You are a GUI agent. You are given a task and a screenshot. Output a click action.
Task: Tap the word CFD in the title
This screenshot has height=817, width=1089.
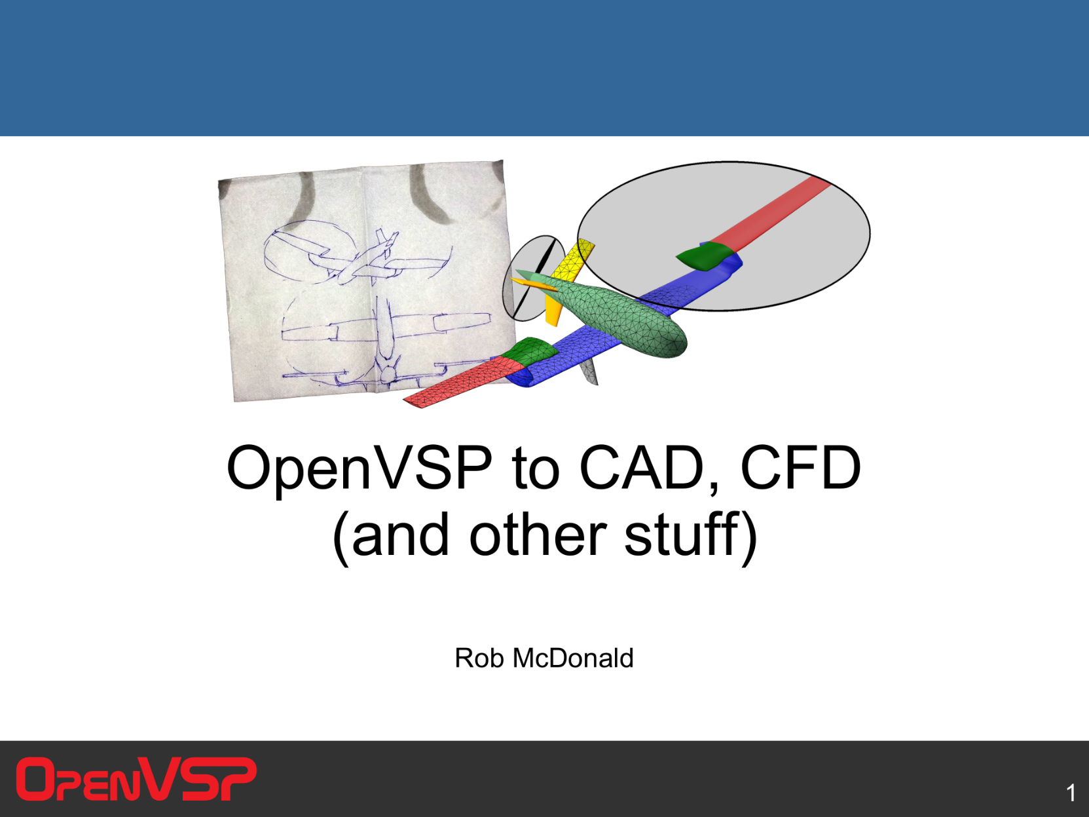(x=800, y=467)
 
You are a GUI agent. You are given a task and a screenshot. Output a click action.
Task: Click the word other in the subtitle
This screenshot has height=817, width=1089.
(x=538, y=535)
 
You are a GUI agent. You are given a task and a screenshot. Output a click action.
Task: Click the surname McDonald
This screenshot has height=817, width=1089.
(x=573, y=658)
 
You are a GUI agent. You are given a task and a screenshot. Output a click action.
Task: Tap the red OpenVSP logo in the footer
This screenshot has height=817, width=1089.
(x=136, y=779)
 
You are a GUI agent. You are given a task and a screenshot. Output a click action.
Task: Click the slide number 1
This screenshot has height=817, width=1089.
(x=1071, y=793)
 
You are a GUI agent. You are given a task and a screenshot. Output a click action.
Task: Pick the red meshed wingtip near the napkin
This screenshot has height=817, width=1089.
(x=464, y=382)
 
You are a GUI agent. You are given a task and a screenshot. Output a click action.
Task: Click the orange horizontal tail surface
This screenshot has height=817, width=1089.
(x=533, y=284)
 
